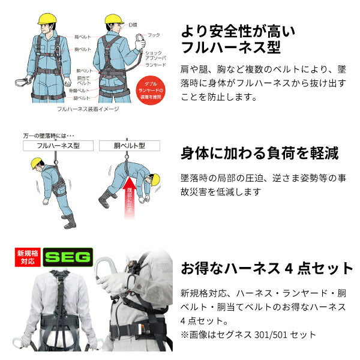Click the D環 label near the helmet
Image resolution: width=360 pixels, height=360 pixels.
[133, 24]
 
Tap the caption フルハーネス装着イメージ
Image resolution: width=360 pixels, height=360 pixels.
[88, 109]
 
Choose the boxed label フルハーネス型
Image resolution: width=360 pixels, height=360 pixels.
[58, 145]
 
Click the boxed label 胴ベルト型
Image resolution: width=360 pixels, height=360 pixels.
[127, 145]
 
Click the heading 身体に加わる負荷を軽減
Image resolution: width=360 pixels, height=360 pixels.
[259, 154]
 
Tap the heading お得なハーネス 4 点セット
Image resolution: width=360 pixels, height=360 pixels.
[266, 268]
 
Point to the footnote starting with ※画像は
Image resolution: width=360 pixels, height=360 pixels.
[248, 335]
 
